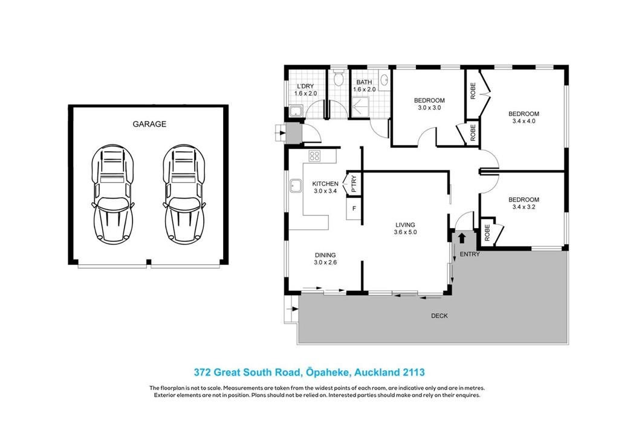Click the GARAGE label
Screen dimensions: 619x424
coord(149,124)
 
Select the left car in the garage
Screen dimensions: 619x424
coord(112,194)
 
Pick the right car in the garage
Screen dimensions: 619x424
coord(184,194)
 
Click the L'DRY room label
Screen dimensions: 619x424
coord(305,86)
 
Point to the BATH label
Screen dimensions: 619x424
coord(364,82)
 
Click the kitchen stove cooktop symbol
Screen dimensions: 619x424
coord(314,155)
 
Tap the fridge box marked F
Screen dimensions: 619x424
coord(354,208)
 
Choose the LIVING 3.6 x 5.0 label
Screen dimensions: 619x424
coord(405,229)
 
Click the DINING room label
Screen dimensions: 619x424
coord(325,255)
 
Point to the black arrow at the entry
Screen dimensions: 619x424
coord(461,238)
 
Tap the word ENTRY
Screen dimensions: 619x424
coord(470,254)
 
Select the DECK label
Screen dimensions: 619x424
coord(439,316)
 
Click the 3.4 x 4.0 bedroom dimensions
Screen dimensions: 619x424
coord(524,122)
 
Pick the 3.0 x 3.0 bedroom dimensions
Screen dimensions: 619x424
coord(429,108)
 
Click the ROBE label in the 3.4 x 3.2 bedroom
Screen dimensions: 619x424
coord(487,233)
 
